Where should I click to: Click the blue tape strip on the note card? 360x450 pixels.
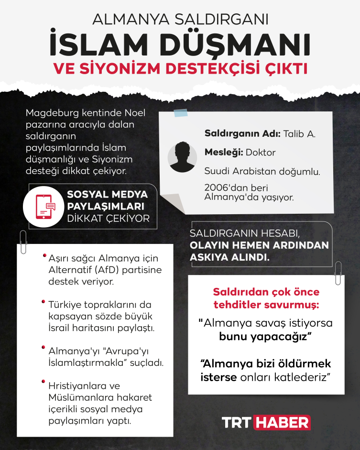(181, 113)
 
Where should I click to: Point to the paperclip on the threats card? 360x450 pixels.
(338, 273)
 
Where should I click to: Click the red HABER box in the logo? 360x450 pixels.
(282, 423)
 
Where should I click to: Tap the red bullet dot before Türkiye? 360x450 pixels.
(44, 301)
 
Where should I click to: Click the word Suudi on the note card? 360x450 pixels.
(216, 171)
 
